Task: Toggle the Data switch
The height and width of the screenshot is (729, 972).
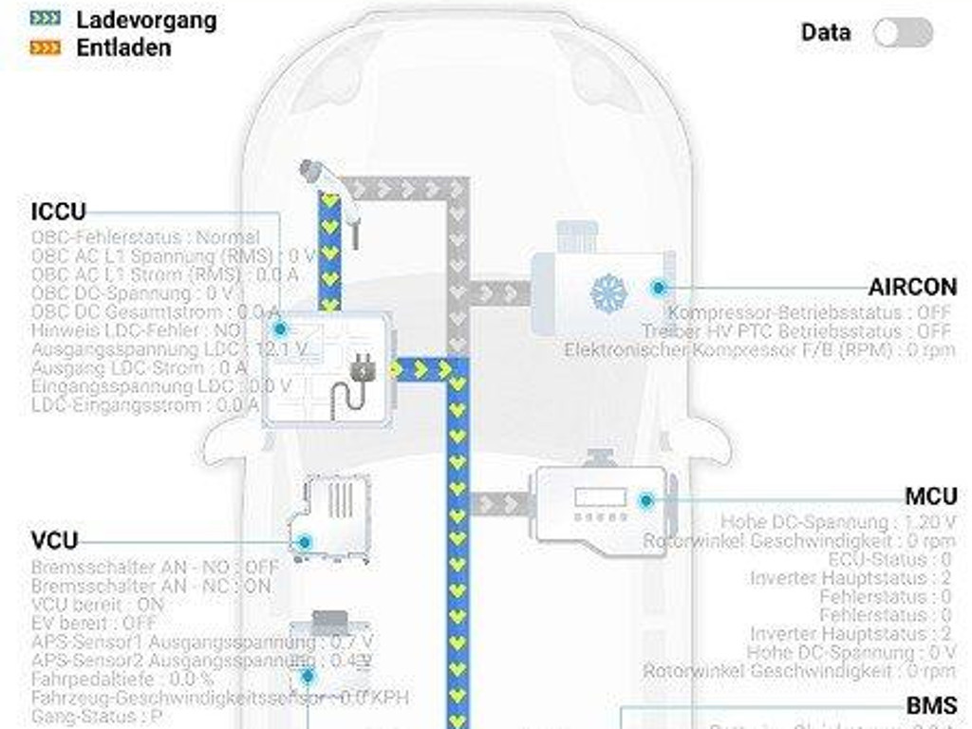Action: (x=903, y=32)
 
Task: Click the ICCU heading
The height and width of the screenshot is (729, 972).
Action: (x=58, y=212)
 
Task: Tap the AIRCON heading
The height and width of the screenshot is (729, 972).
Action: (x=912, y=288)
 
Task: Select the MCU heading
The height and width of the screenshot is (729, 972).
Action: (x=930, y=496)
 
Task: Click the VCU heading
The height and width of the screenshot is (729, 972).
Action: (x=54, y=541)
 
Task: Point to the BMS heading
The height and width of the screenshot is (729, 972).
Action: (x=931, y=706)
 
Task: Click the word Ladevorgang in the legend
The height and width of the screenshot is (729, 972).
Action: (x=146, y=20)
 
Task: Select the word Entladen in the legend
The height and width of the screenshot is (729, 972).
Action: (x=123, y=47)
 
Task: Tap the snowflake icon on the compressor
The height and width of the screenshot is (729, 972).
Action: (x=608, y=293)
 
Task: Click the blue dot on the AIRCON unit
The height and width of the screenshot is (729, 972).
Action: (x=658, y=288)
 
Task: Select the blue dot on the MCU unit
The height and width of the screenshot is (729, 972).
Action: (x=646, y=500)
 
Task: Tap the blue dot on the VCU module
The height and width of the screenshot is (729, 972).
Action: (x=304, y=543)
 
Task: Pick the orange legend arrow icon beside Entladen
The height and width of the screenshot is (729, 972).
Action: (x=46, y=47)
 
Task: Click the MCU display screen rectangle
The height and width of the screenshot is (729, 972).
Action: (x=600, y=497)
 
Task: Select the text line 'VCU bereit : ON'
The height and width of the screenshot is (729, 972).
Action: (x=97, y=605)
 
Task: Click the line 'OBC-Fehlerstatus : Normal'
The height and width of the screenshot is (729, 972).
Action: (x=145, y=237)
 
